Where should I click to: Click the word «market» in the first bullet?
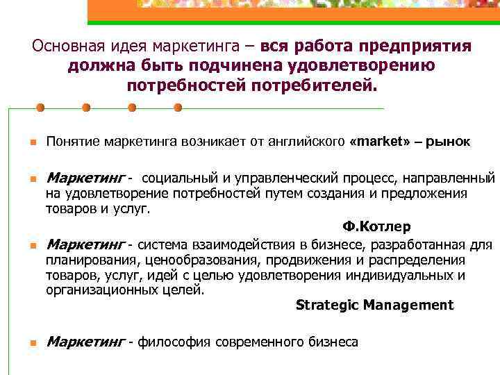pyautogui.click(x=379, y=142)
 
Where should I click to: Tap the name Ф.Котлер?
pyautogui.click(x=376, y=227)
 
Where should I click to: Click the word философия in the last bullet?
pyautogui.click(x=176, y=342)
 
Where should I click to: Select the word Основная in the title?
pyautogui.click(x=68, y=47)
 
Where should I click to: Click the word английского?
pyautogui.click(x=309, y=142)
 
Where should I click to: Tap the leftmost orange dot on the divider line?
pyautogui.click(x=40, y=108)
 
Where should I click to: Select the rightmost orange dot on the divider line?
pyautogui.click(x=177, y=108)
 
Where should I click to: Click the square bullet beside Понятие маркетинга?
pyautogui.click(x=23, y=143)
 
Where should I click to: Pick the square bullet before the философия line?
pyautogui.click(x=23, y=343)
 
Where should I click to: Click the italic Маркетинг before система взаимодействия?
pyautogui.click(x=85, y=244)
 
